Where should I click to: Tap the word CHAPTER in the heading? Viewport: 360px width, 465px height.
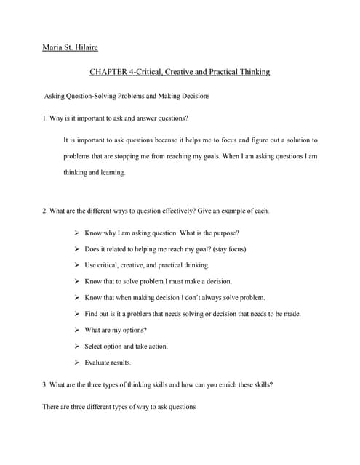107,72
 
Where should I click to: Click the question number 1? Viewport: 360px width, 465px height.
45,118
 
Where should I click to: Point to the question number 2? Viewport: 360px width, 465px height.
45,211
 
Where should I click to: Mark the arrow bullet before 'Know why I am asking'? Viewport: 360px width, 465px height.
76,233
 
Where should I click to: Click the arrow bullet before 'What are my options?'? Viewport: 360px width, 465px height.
76,330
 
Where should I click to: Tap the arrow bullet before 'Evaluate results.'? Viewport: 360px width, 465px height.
76,363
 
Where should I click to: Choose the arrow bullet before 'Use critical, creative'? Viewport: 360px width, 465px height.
76,265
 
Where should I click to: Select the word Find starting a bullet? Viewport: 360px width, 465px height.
92,314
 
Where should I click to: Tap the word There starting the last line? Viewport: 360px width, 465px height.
53,407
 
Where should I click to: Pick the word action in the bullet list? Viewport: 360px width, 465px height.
157,346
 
